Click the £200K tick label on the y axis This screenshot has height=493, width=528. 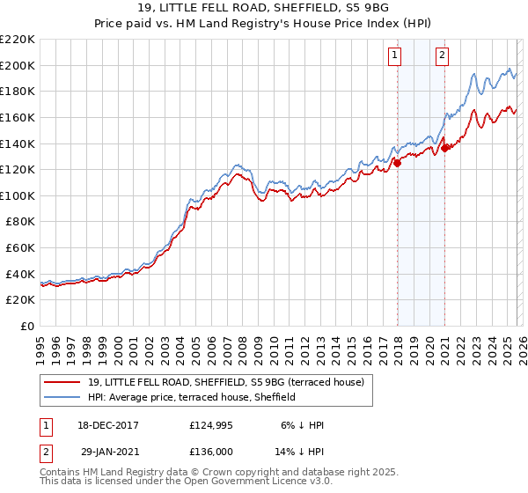pos(18,65)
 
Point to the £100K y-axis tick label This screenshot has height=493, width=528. pos(18,195)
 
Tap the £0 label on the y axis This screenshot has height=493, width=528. pos(26,326)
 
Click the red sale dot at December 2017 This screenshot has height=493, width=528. pos(397,162)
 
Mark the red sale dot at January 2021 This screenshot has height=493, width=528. pos(445,148)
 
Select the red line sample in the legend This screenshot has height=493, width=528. pos(63,381)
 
